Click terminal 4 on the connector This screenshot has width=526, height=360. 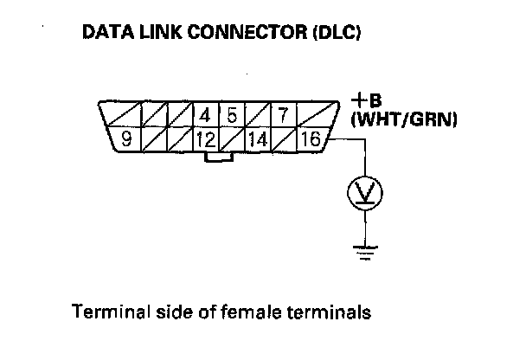pos(205,115)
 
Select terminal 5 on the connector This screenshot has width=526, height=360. pos(232,115)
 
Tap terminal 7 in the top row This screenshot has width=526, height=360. pos(283,115)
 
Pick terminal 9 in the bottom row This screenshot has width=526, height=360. pos(127,138)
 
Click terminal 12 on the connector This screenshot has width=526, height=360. pos(205,138)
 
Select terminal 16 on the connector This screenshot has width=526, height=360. pos(310,138)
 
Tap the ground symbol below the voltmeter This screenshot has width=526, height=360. pos(365,251)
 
